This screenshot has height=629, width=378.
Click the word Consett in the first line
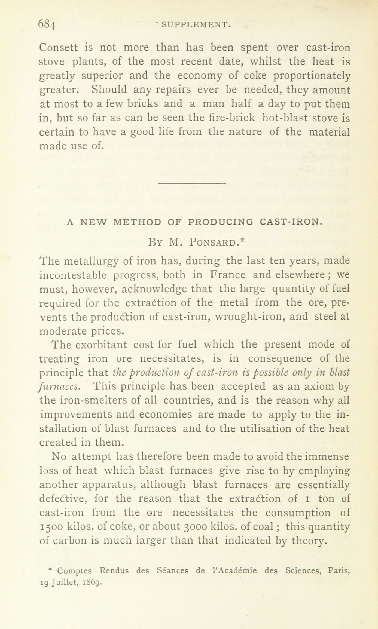[58, 48]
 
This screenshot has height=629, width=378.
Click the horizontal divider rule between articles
[192, 183]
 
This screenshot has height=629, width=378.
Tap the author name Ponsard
[213, 242]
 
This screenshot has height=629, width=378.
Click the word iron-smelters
[82, 401]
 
